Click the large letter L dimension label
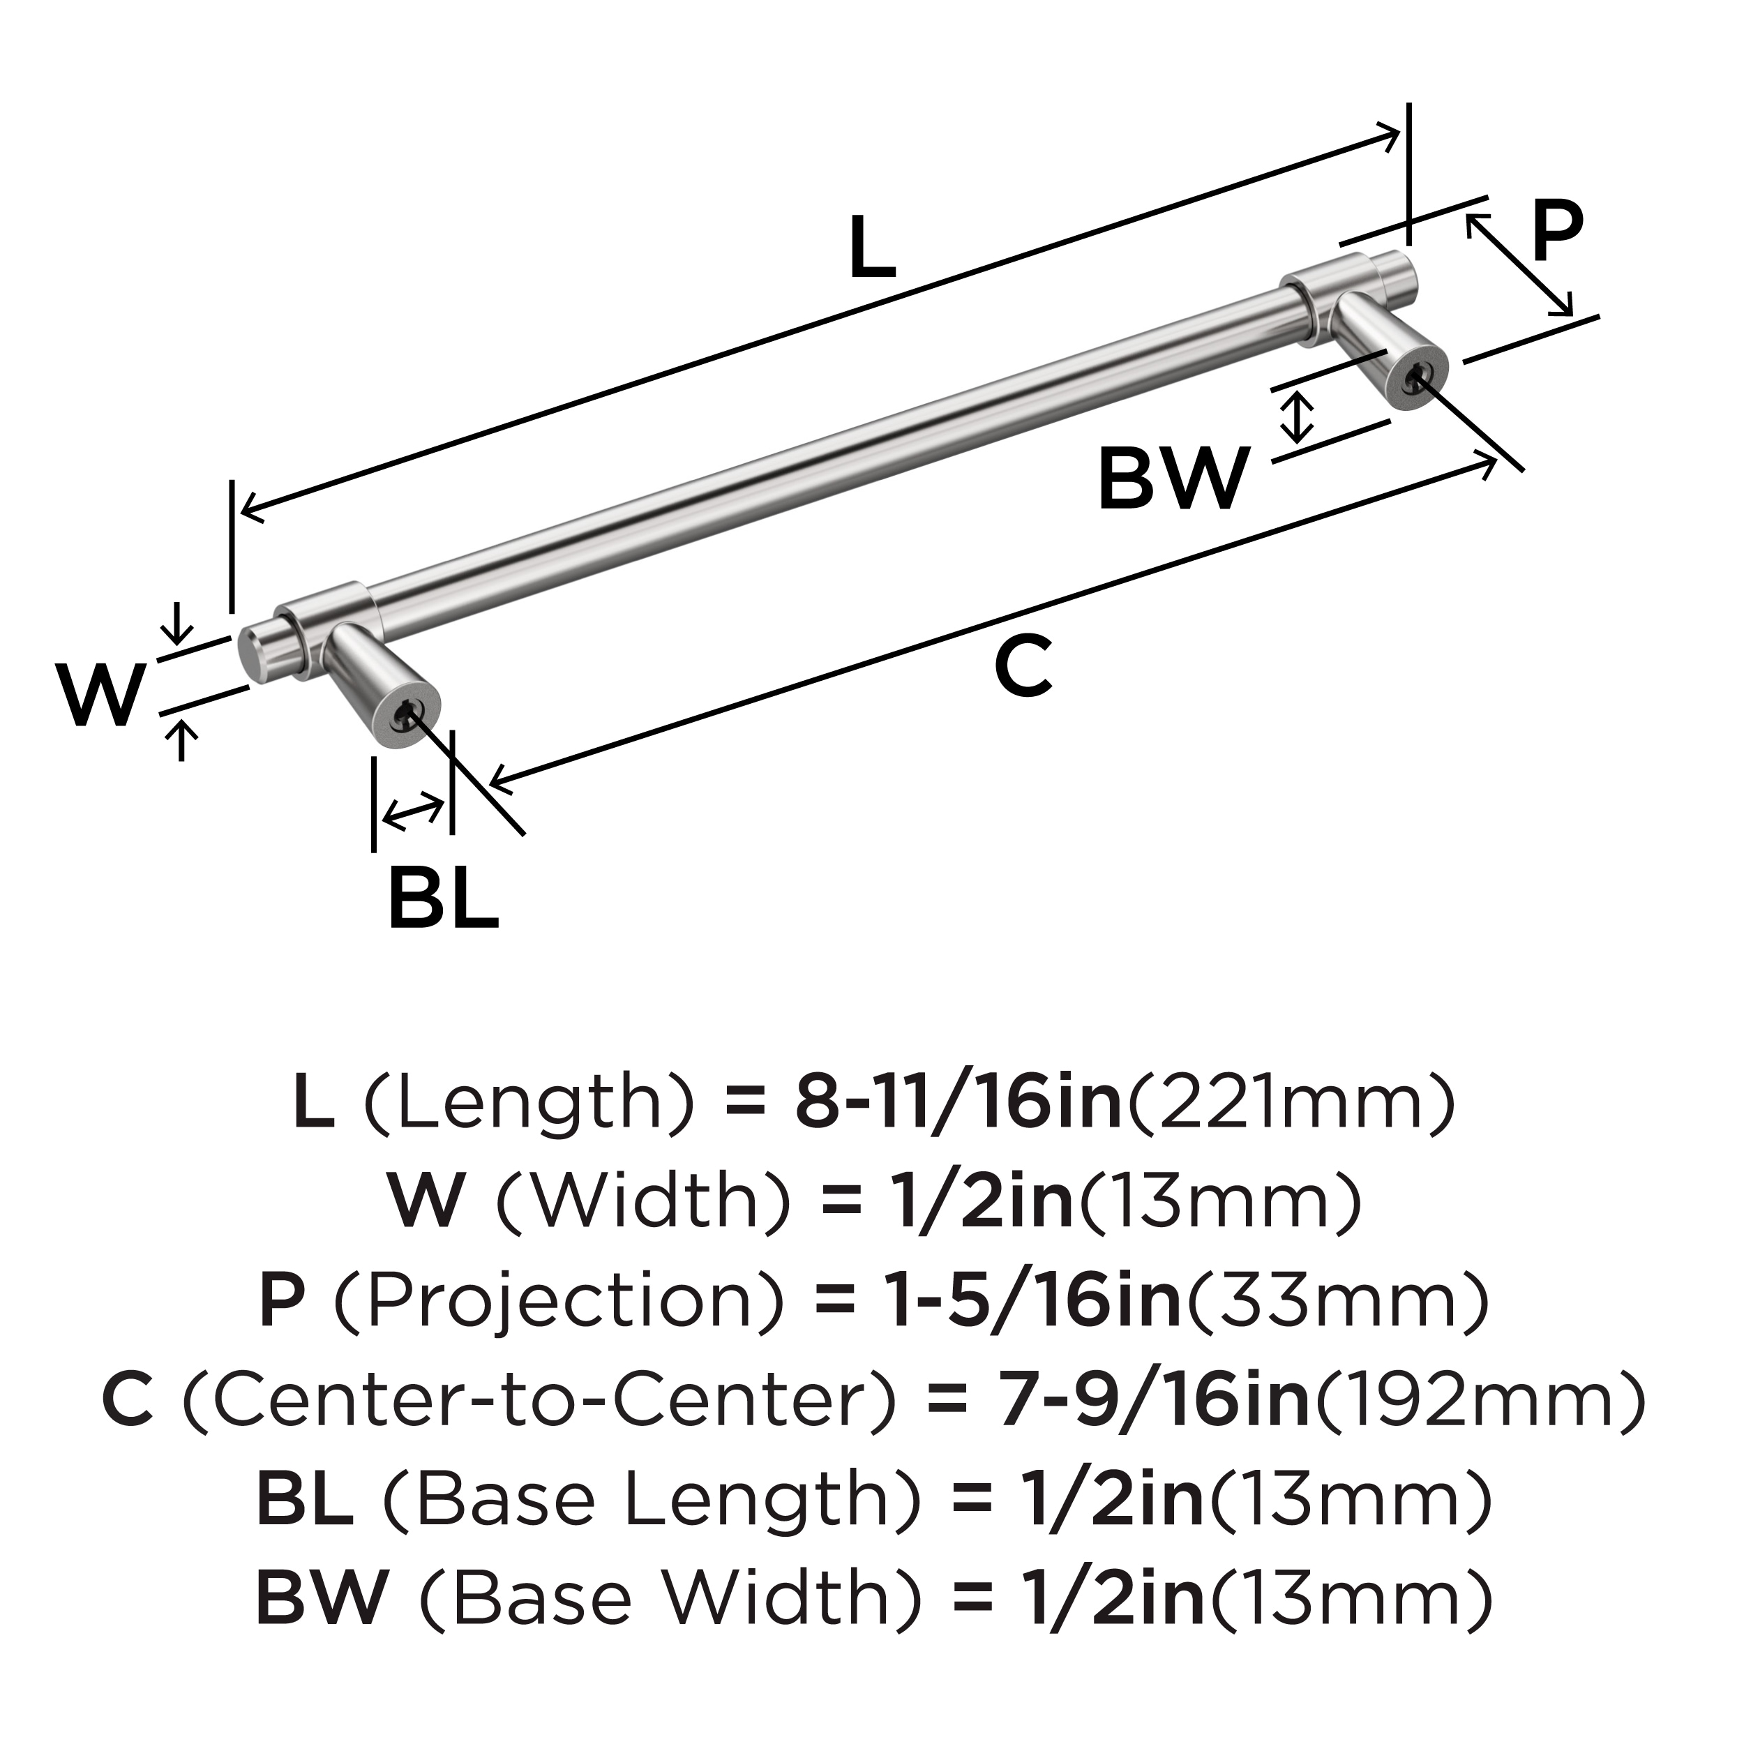(872, 246)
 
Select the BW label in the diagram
(1173, 479)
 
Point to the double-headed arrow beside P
(1519, 264)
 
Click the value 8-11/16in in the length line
(957, 1103)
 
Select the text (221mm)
(1291, 1103)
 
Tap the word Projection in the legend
(559, 1302)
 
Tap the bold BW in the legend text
(322, 1598)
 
